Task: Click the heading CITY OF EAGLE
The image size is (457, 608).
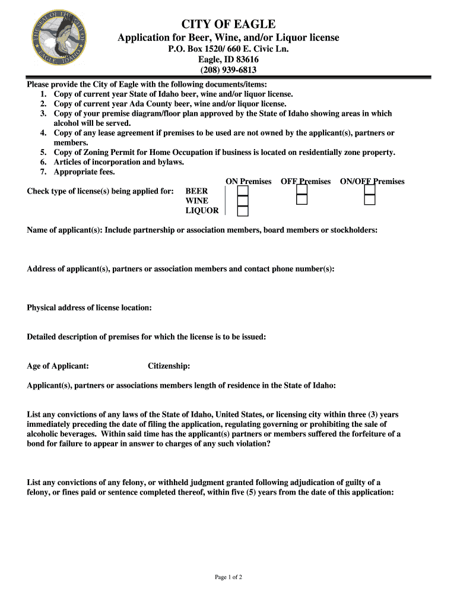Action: coord(228,24)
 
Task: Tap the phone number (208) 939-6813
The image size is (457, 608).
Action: coord(228,70)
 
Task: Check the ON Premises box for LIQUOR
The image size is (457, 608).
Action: coord(243,211)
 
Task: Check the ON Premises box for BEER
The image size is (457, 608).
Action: coord(243,191)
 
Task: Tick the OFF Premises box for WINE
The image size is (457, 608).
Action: coord(302,200)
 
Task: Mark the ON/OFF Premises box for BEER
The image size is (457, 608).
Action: coord(370,191)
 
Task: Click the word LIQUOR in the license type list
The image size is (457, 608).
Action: coord(202,211)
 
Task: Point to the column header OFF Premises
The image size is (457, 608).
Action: coord(306,181)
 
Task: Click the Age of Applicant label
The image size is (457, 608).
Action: coord(58,366)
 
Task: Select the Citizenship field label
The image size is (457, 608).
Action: coord(169,366)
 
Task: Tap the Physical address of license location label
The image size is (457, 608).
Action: coord(89,308)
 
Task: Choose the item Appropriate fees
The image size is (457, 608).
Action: coord(84,172)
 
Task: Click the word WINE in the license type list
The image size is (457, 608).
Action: coord(197,201)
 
